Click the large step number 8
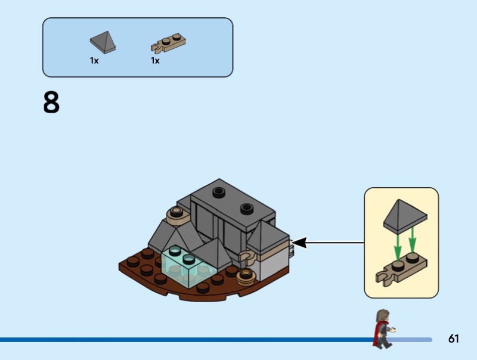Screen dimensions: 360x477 point(51,103)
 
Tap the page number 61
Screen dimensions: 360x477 point(454,339)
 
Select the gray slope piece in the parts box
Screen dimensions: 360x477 point(102,43)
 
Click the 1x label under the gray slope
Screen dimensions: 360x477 point(94,61)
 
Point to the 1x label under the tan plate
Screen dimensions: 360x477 point(155,61)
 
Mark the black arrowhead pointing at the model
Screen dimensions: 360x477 point(299,243)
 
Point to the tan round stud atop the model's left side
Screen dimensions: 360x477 point(176,212)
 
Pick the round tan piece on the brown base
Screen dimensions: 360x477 point(245,275)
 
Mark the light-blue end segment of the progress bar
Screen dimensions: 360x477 point(411,340)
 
